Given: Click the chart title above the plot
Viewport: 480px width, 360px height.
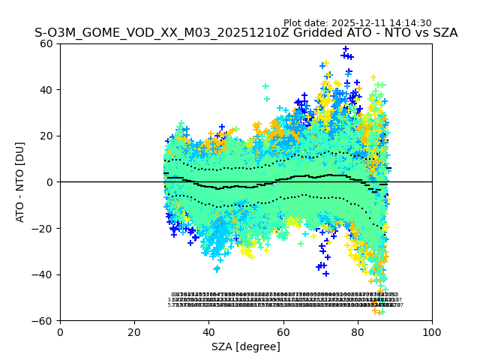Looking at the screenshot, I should point(246,34).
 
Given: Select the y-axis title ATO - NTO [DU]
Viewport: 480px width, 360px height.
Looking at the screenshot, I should point(20,182).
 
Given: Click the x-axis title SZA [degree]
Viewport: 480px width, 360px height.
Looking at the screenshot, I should point(246,346).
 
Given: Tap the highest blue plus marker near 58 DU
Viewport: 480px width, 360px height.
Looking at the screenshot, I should point(346,49).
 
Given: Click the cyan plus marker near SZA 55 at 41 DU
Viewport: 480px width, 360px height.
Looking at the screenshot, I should point(265,86).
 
